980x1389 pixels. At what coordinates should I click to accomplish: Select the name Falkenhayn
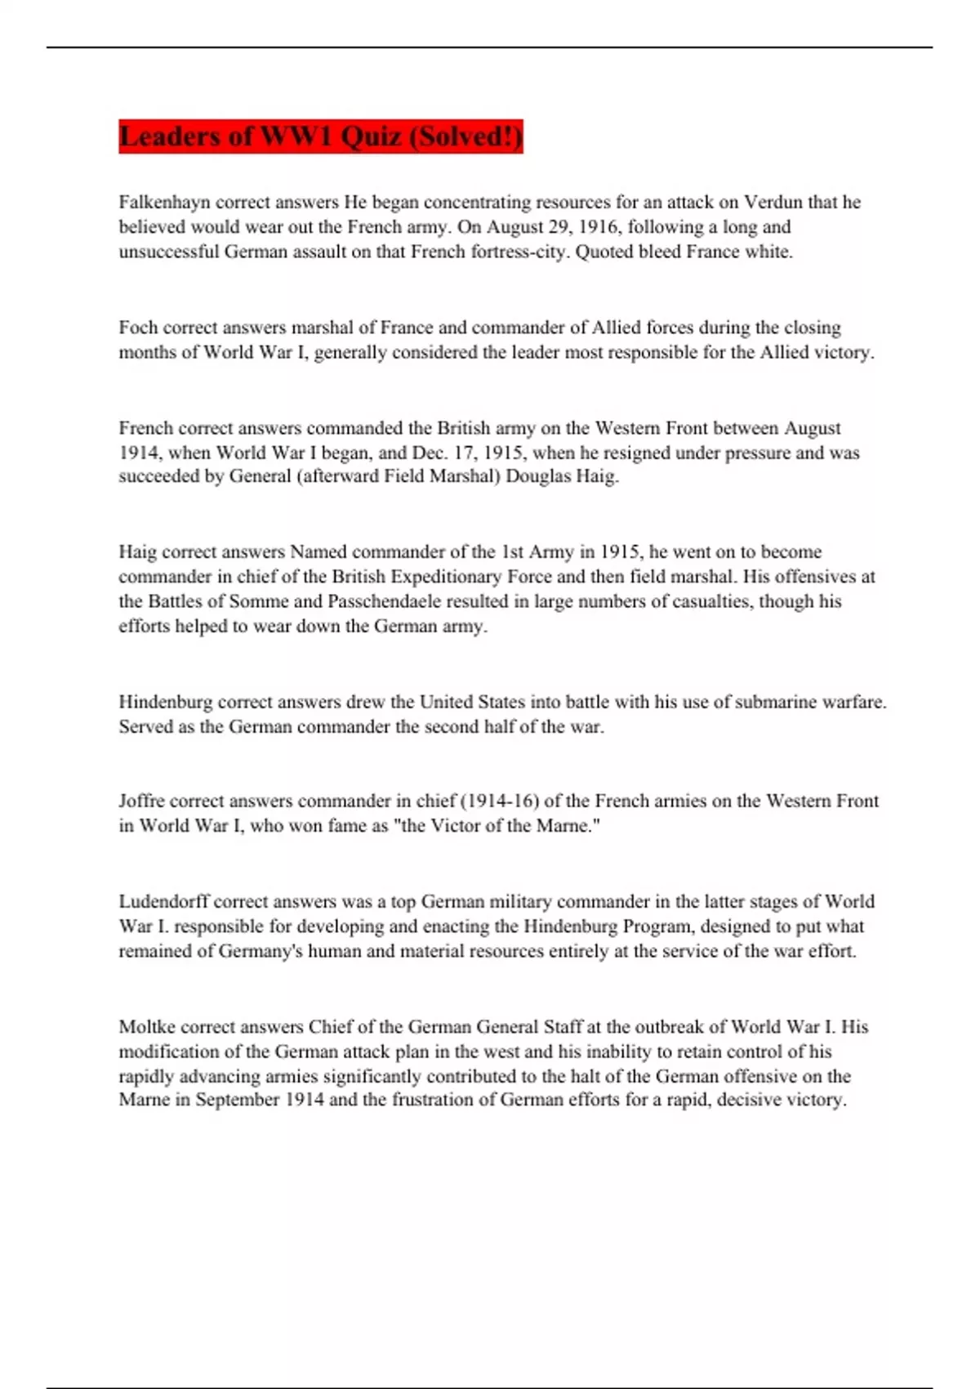click(164, 202)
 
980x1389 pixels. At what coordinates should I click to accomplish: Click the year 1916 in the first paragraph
click(598, 227)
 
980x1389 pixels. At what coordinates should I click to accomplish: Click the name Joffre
click(141, 801)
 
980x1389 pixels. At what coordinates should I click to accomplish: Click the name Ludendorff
click(163, 901)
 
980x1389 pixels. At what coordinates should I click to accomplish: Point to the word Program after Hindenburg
click(657, 927)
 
